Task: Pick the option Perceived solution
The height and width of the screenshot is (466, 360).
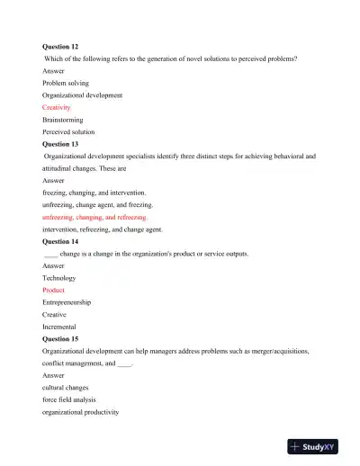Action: point(68,130)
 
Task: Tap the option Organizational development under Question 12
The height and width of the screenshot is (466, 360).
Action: point(82,94)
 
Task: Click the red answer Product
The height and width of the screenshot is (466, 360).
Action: point(54,290)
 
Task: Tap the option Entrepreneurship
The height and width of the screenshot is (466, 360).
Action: point(67,302)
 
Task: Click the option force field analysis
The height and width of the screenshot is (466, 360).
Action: point(69,399)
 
